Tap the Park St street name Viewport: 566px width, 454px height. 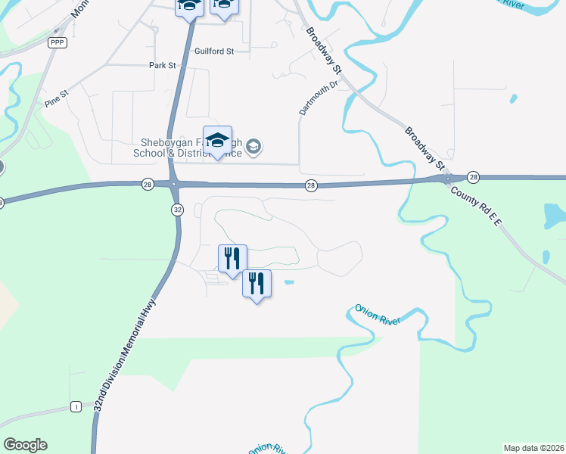click(x=162, y=66)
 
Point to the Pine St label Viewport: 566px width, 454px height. click(x=56, y=98)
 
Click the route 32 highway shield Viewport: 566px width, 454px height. click(x=176, y=210)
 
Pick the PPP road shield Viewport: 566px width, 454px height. click(x=58, y=43)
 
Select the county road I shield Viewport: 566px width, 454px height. click(x=76, y=406)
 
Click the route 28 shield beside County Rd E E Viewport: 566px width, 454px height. click(x=474, y=176)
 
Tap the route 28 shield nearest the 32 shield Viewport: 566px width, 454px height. click(x=147, y=183)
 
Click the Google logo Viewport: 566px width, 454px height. click(x=25, y=445)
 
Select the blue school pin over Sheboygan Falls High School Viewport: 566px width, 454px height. click(x=217, y=141)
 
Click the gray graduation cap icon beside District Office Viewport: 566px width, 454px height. click(x=255, y=147)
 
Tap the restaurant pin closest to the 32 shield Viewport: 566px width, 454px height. click(x=232, y=258)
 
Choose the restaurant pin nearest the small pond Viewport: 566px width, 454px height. click(x=257, y=284)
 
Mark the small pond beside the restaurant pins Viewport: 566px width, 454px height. click(x=288, y=282)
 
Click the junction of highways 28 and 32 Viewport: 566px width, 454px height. click(x=176, y=183)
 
